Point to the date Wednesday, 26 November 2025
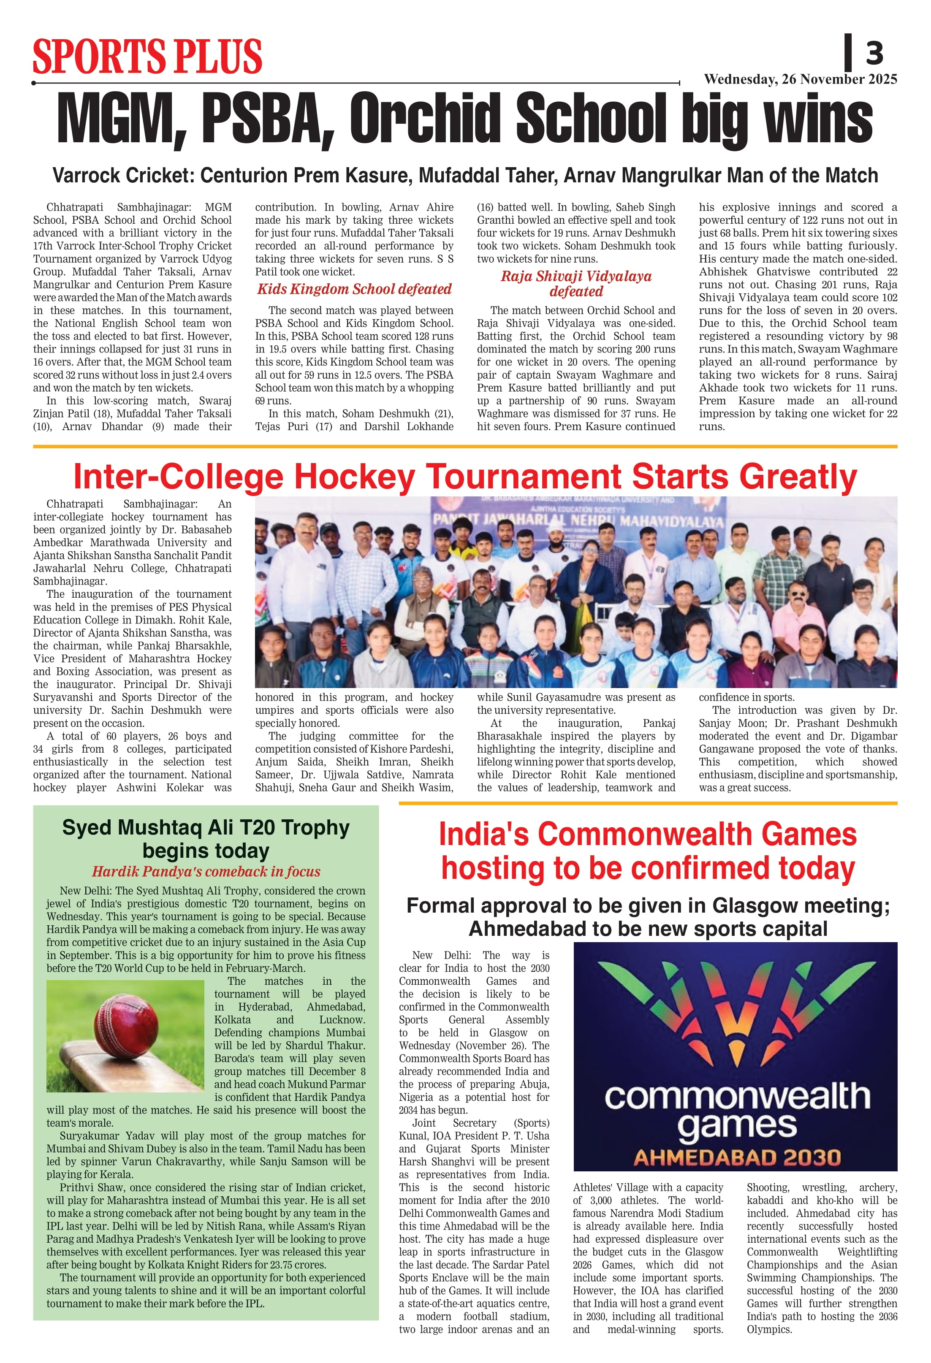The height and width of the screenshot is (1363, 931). [x=800, y=79]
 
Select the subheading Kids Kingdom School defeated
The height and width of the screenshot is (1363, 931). [x=354, y=289]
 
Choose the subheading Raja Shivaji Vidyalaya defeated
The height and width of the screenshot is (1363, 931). [x=576, y=284]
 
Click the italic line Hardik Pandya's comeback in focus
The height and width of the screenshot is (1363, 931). [x=206, y=872]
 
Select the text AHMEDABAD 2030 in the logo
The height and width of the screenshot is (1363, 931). [x=737, y=1158]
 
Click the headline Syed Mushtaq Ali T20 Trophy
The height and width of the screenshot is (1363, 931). [x=206, y=827]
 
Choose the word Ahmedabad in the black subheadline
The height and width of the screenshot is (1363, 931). [x=523, y=929]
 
